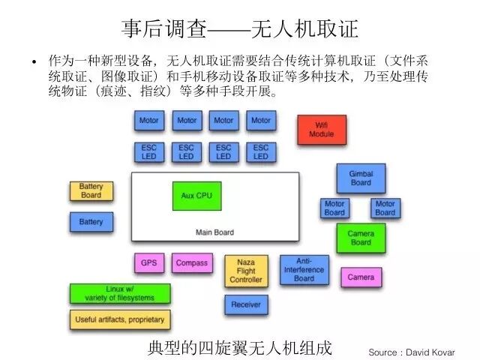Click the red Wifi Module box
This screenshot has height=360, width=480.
point(322,130)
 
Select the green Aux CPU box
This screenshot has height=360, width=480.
point(196,196)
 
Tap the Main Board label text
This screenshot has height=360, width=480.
point(215,232)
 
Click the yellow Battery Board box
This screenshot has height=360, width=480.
point(91,191)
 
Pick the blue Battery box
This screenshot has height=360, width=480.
point(91,222)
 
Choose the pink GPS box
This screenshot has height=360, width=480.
point(149,262)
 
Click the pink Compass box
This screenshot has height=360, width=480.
point(192,262)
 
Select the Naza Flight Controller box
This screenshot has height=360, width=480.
point(246,271)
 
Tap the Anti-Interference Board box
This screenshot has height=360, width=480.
point(304,270)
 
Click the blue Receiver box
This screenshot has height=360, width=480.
point(246,304)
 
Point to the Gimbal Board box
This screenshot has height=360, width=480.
point(361,178)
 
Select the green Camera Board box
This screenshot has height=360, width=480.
point(361,238)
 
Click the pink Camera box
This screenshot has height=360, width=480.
point(361,277)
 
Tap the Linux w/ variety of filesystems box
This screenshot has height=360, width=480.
point(120,293)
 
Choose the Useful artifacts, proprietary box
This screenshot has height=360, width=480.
point(120,319)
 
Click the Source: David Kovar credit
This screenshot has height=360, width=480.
point(412,352)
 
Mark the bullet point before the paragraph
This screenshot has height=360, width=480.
point(34,61)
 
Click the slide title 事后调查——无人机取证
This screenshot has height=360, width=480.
point(240,29)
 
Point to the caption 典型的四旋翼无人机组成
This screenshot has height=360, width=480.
point(240,348)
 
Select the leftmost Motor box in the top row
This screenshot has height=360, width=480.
point(149,120)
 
